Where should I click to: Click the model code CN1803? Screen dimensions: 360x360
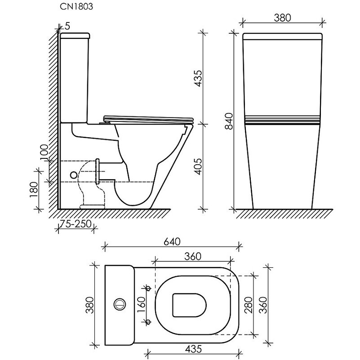tap(76, 6)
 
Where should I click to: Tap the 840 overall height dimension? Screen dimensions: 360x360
tap(229, 121)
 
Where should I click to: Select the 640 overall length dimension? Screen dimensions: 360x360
tap(172, 242)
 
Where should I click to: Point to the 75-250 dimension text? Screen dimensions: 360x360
tap(76, 224)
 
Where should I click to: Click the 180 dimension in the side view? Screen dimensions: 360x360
tap(34, 189)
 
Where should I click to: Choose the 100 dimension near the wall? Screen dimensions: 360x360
tap(44, 153)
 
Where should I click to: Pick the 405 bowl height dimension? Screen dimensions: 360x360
tap(197, 166)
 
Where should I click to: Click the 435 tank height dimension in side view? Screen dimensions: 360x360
tap(197, 78)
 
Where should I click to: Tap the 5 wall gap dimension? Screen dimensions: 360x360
tap(67, 26)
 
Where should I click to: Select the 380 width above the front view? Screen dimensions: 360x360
tap(282, 18)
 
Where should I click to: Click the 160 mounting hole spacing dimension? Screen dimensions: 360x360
tap(141, 305)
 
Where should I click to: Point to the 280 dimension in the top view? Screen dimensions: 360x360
tap(249, 305)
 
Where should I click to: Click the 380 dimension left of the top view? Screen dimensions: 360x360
tap(89, 305)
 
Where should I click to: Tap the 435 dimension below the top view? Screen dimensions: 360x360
tap(193, 349)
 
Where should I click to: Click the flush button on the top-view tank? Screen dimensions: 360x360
tap(120, 305)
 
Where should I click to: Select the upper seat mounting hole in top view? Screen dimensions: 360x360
tap(148, 288)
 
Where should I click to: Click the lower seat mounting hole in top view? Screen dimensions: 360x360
tap(148, 322)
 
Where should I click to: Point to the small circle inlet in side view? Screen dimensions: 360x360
tap(74, 175)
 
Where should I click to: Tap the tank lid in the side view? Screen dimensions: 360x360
tap(75, 36)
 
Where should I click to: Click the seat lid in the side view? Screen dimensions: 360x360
tap(148, 119)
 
